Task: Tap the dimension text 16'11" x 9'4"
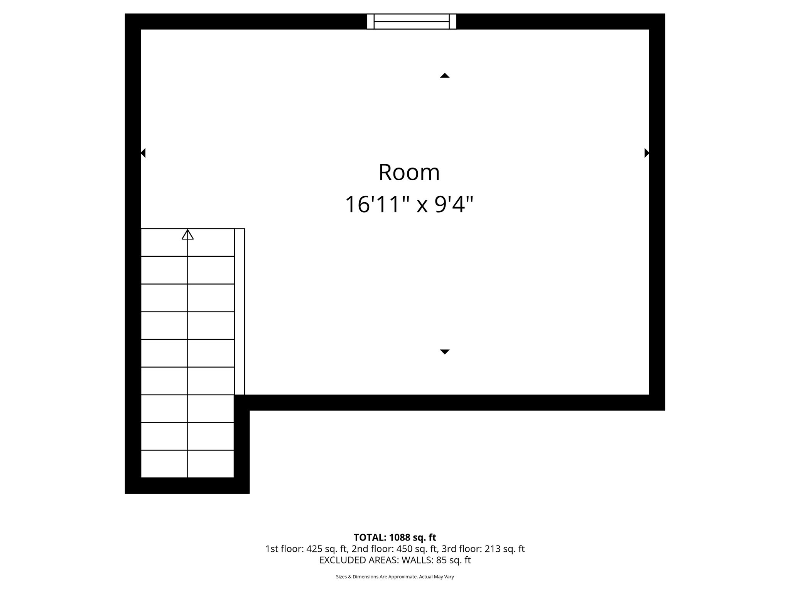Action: (409, 204)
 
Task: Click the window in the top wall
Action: (411, 22)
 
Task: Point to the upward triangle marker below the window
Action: (445, 76)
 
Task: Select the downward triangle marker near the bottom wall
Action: (445, 351)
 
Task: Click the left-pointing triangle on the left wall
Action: (143, 153)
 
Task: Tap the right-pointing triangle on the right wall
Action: (647, 153)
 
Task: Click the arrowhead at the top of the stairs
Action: (187, 234)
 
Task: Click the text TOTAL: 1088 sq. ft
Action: (395, 537)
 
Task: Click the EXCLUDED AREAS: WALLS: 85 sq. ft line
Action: (395, 560)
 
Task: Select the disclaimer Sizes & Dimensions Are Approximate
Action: (395, 577)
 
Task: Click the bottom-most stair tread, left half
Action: (164, 464)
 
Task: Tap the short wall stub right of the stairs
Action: (242, 444)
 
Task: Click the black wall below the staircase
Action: (187, 486)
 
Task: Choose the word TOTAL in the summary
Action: (370, 537)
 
